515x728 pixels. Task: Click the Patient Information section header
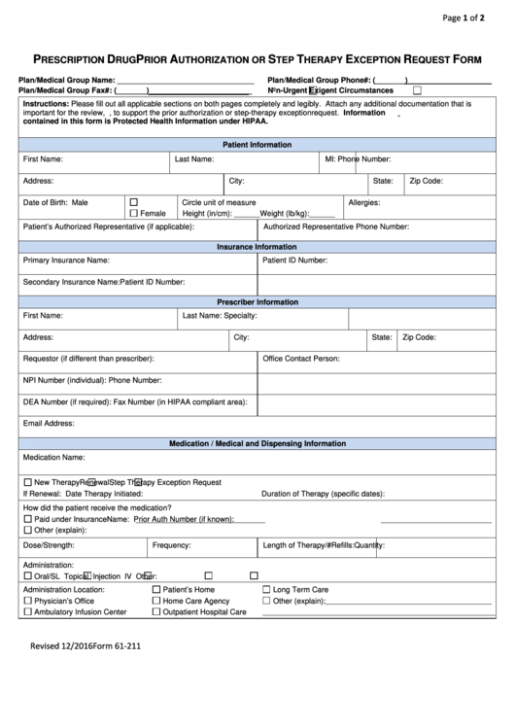(x=257, y=144)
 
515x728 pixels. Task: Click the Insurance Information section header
(x=257, y=247)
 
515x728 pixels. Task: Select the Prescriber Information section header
(x=257, y=302)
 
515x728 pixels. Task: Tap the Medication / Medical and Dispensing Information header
(x=257, y=443)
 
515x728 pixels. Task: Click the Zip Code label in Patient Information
(x=426, y=181)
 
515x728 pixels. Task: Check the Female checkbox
(x=133, y=213)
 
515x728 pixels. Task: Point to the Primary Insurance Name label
(x=66, y=260)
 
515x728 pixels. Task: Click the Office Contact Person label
(x=300, y=359)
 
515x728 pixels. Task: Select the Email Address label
(x=49, y=423)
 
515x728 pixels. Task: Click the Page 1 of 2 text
(x=470, y=17)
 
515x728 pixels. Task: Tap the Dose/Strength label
(x=48, y=545)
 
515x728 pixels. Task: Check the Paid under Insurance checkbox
(x=27, y=519)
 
